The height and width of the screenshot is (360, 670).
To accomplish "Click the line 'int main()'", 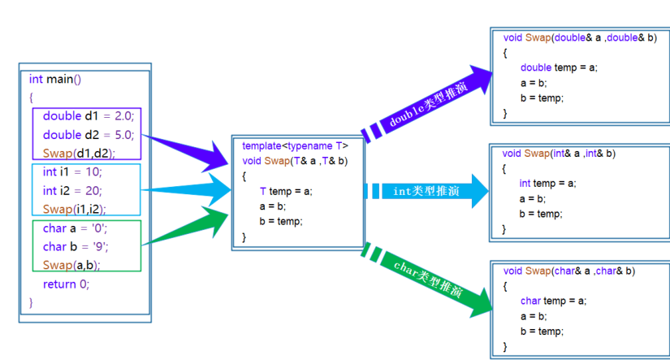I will [x=55, y=79].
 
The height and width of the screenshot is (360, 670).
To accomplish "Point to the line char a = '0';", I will [x=75, y=228].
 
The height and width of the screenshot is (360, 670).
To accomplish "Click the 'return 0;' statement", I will [x=66, y=284].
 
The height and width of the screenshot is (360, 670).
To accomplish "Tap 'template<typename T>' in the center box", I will [x=295, y=145].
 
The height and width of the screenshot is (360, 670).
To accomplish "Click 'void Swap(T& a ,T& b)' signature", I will [x=295, y=161].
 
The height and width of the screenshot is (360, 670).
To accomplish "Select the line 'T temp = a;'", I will [x=286, y=191].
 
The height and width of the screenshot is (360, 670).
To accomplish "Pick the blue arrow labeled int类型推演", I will [x=426, y=191].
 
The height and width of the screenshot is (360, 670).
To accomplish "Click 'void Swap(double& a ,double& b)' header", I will [x=579, y=37].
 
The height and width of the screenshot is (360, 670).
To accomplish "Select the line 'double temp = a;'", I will [x=559, y=67].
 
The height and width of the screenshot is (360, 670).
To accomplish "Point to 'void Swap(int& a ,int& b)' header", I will [x=559, y=153].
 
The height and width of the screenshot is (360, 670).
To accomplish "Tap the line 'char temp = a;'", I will [x=553, y=301].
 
